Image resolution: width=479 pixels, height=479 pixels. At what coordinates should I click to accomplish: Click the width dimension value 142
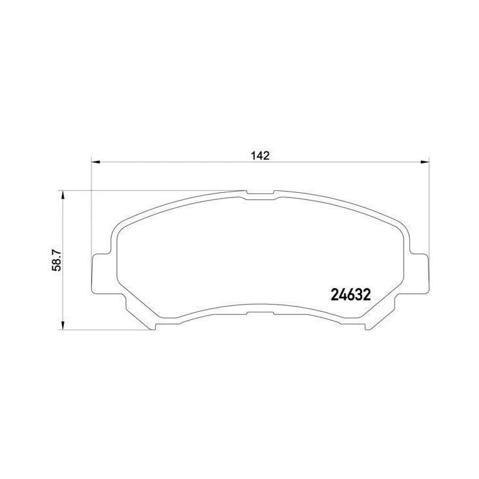tap(261, 155)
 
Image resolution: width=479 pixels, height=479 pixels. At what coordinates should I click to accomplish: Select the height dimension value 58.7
tap(57, 261)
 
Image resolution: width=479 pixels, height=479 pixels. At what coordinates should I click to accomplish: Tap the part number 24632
tap(351, 295)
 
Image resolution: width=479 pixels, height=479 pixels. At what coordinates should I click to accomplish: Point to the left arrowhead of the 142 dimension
tap(96, 162)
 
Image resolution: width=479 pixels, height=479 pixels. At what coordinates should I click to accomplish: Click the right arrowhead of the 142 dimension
tap(425, 162)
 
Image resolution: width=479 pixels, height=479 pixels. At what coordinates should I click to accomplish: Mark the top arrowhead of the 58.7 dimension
tap(63, 195)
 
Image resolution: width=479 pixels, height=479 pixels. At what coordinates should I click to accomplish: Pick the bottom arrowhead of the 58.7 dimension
tap(63, 325)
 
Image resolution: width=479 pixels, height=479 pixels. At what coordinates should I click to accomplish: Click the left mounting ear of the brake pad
tap(101, 273)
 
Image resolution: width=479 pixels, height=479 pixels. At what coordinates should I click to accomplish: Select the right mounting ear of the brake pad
tap(420, 273)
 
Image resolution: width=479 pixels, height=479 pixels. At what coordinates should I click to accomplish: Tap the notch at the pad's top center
tap(260, 192)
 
